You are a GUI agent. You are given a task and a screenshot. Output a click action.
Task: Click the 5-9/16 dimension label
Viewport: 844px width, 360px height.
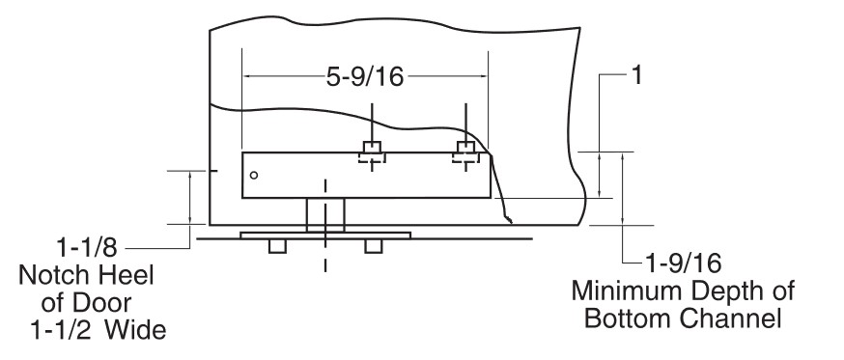point(365,77)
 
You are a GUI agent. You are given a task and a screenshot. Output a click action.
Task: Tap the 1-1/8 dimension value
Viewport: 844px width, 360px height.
point(87,248)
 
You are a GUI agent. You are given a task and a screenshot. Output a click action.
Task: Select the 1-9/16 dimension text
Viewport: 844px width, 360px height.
point(683,263)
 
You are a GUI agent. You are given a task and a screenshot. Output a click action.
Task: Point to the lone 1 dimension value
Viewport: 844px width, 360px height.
point(635,76)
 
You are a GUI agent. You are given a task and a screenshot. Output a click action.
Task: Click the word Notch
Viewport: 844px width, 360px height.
point(54,275)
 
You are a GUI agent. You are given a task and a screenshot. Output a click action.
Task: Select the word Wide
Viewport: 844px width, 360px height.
point(134,330)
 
